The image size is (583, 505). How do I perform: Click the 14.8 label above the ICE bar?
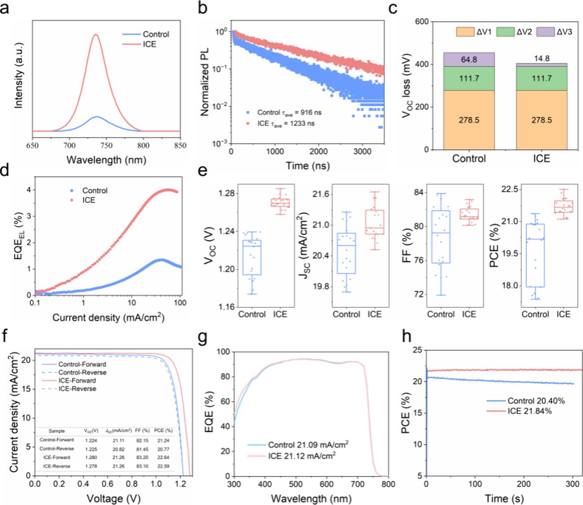541,58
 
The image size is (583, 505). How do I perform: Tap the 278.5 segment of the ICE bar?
541,120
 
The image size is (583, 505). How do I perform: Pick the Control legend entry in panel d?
95,190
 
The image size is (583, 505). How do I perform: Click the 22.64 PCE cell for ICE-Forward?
163,457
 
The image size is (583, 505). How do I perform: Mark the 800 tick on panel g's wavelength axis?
388,485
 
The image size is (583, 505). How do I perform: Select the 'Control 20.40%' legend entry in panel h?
536,401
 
